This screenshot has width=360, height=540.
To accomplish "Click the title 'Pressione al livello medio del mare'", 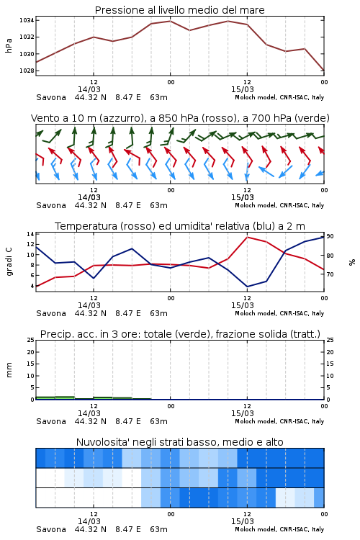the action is tap(179, 10).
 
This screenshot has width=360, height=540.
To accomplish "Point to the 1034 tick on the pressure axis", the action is tap(27, 20).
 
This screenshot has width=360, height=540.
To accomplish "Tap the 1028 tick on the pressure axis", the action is tap(27, 71).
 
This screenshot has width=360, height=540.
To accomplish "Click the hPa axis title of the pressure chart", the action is tap(9, 45).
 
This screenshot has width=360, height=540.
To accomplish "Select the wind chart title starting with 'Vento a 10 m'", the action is tap(180, 118).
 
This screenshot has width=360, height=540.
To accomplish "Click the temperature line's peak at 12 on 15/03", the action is tap(248, 237).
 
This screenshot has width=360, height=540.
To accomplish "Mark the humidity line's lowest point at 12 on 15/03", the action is tap(248, 287).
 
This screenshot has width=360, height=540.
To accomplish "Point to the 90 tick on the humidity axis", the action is tap(330, 236).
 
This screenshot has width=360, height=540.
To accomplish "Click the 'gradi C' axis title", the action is tap(9, 261).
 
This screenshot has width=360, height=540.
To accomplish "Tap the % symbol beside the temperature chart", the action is tap(352, 262).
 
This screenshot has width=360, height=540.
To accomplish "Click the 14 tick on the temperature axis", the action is tap(30, 234).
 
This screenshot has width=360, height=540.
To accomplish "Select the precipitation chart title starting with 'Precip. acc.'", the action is tap(180, 334).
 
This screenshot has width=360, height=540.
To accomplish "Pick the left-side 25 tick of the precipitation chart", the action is tap(30, 340).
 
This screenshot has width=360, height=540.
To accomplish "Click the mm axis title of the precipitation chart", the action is tap(9, 370).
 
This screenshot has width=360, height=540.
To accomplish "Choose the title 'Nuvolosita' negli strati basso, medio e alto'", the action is tap(179, 442).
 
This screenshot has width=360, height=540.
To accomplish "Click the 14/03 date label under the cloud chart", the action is tap(89, 521).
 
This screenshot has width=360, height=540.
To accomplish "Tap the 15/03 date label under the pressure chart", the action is tap(243, 89).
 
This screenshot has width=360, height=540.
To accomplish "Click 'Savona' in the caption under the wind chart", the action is tap(51, 205).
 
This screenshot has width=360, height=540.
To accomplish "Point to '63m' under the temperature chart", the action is tap(159, 313).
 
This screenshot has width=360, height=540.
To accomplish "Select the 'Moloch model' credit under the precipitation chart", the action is tap(256, 421).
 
